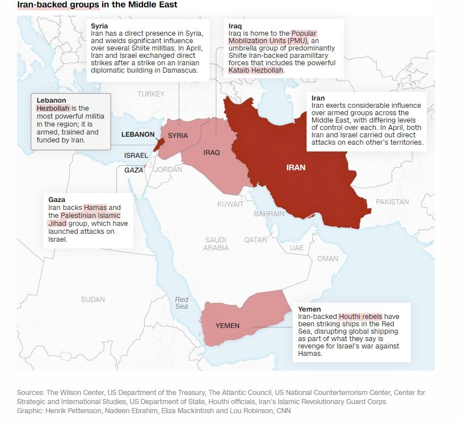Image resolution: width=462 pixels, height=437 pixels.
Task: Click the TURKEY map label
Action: tap(150, 94)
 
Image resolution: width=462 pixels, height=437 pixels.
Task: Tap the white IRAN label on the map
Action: tap(296, 167)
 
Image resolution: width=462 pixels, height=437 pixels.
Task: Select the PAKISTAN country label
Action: tap(392, 202)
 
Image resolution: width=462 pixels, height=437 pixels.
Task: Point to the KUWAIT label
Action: tap(230, 204)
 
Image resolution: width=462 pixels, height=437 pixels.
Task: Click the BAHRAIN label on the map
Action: tap(269, 214)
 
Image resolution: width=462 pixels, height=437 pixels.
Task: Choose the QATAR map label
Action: tap(255, 240)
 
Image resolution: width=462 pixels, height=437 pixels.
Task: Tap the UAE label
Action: tap(296, 248)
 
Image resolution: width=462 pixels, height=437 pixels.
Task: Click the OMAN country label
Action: tap(327, 259)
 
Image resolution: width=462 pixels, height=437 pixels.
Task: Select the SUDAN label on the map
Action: tap(93, 300)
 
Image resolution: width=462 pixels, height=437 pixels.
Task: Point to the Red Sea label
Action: tap(182, 303)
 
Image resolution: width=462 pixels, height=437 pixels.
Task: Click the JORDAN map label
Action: tap(168, 170)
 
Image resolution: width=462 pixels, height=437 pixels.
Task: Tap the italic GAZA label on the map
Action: tap(134, 170)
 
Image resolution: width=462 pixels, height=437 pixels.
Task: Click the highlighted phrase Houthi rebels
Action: tap(360, 316)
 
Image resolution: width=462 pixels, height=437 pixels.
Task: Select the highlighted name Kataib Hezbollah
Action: tap(255, 70)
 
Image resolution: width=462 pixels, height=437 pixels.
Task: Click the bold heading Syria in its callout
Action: tap(99, 26)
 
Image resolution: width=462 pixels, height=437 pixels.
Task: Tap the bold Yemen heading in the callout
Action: tap(309, 309)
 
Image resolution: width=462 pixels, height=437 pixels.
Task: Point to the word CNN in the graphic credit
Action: tap(282, 411)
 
